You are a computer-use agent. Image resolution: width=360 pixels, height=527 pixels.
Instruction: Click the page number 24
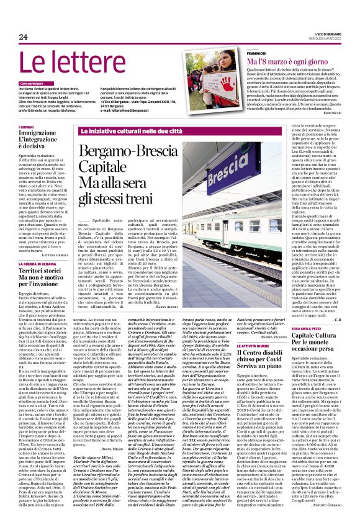[x=24, y=37]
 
